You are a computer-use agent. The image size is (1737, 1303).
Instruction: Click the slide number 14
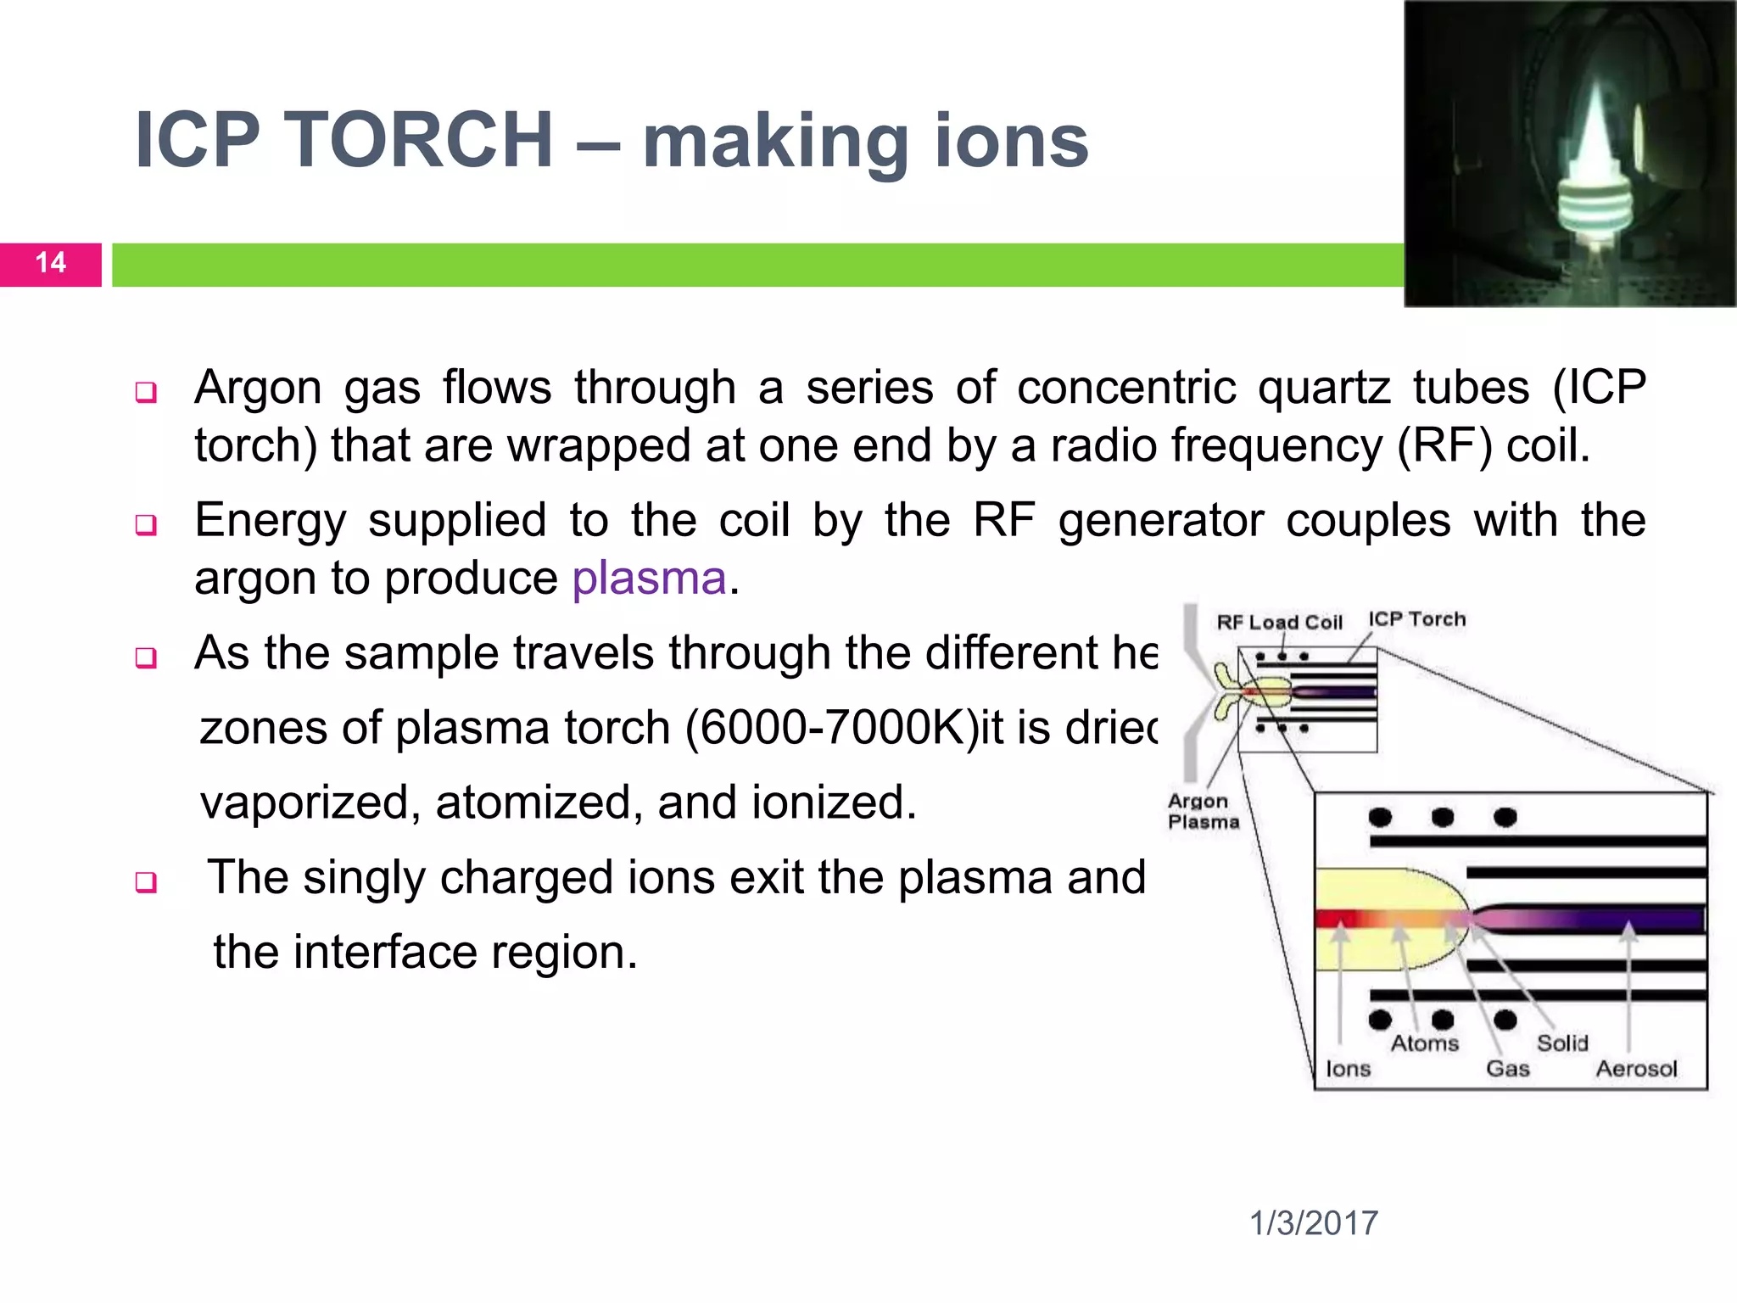click(51, 263)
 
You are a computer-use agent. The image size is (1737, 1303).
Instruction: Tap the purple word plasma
click(649, 579)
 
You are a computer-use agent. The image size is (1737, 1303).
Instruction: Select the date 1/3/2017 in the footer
click(1313, 1223)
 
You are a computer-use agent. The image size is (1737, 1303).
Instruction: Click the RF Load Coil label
click(1279, 623)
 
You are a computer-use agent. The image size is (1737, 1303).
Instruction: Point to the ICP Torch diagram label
click(1416, 619)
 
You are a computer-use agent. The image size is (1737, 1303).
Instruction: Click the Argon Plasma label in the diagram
click(1203, 811)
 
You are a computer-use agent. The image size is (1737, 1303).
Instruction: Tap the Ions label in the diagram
click(1348, 1069)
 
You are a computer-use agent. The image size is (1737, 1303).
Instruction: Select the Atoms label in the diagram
click(1425, 1043)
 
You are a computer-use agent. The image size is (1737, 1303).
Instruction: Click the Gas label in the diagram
click(1507, 1069)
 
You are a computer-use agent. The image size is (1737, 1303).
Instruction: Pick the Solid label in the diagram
click(1562, 1043)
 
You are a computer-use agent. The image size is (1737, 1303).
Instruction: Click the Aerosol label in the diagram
click(1636, 1069)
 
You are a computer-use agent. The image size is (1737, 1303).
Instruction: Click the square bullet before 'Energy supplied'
click(146, 525)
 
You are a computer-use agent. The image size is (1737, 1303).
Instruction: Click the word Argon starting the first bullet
click(258, 389)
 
